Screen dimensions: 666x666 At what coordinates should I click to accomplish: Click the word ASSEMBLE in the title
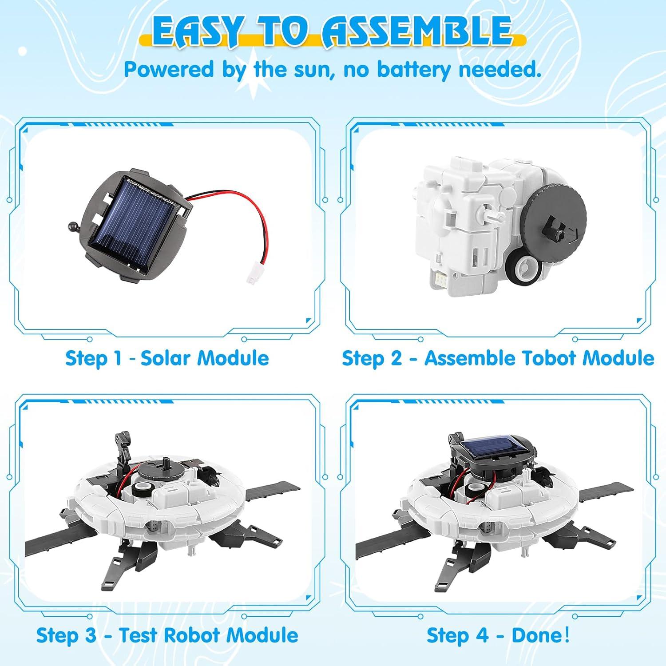417,31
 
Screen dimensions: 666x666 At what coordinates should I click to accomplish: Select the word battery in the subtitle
415,70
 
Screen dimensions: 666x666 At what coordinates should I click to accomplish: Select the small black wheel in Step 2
523,269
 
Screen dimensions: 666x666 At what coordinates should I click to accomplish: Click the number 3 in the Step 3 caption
90,635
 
